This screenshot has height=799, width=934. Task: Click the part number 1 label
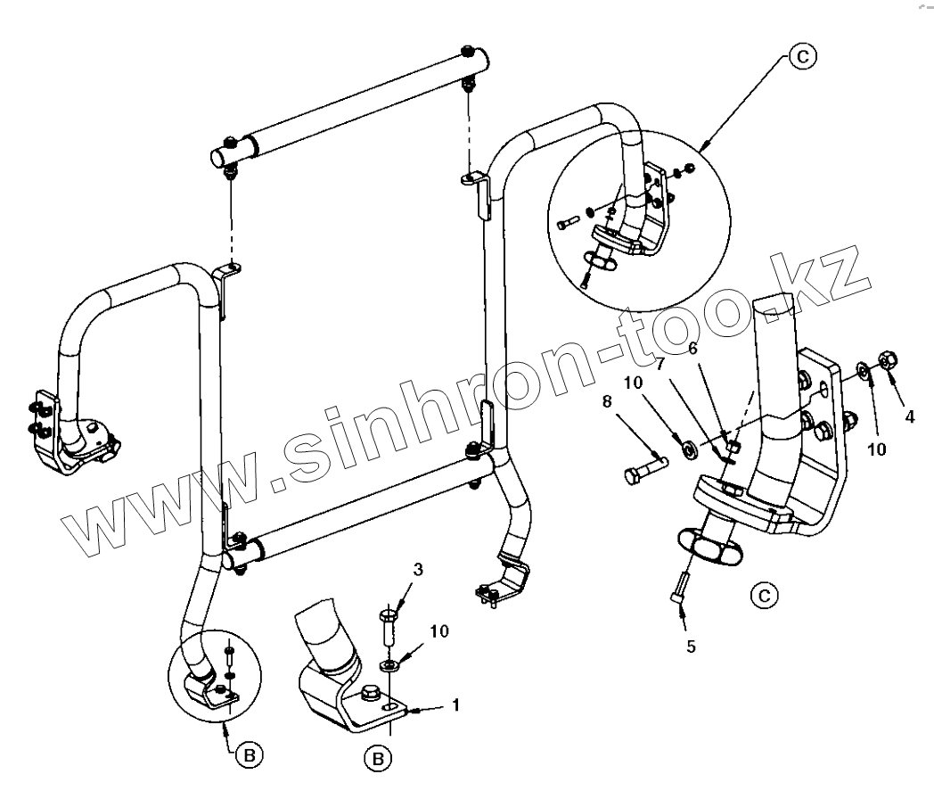(x=455, y=704)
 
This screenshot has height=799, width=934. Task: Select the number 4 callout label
(x=909, y=416)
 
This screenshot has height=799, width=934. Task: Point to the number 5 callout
(x=691, y=646)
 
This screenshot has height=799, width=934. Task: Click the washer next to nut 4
(x=864, y=369)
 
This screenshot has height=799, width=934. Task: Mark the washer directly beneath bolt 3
(x=389, y=664)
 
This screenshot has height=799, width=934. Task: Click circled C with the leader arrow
(x=802, y=56)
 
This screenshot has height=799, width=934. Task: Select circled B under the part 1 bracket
(x=378, y=759)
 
